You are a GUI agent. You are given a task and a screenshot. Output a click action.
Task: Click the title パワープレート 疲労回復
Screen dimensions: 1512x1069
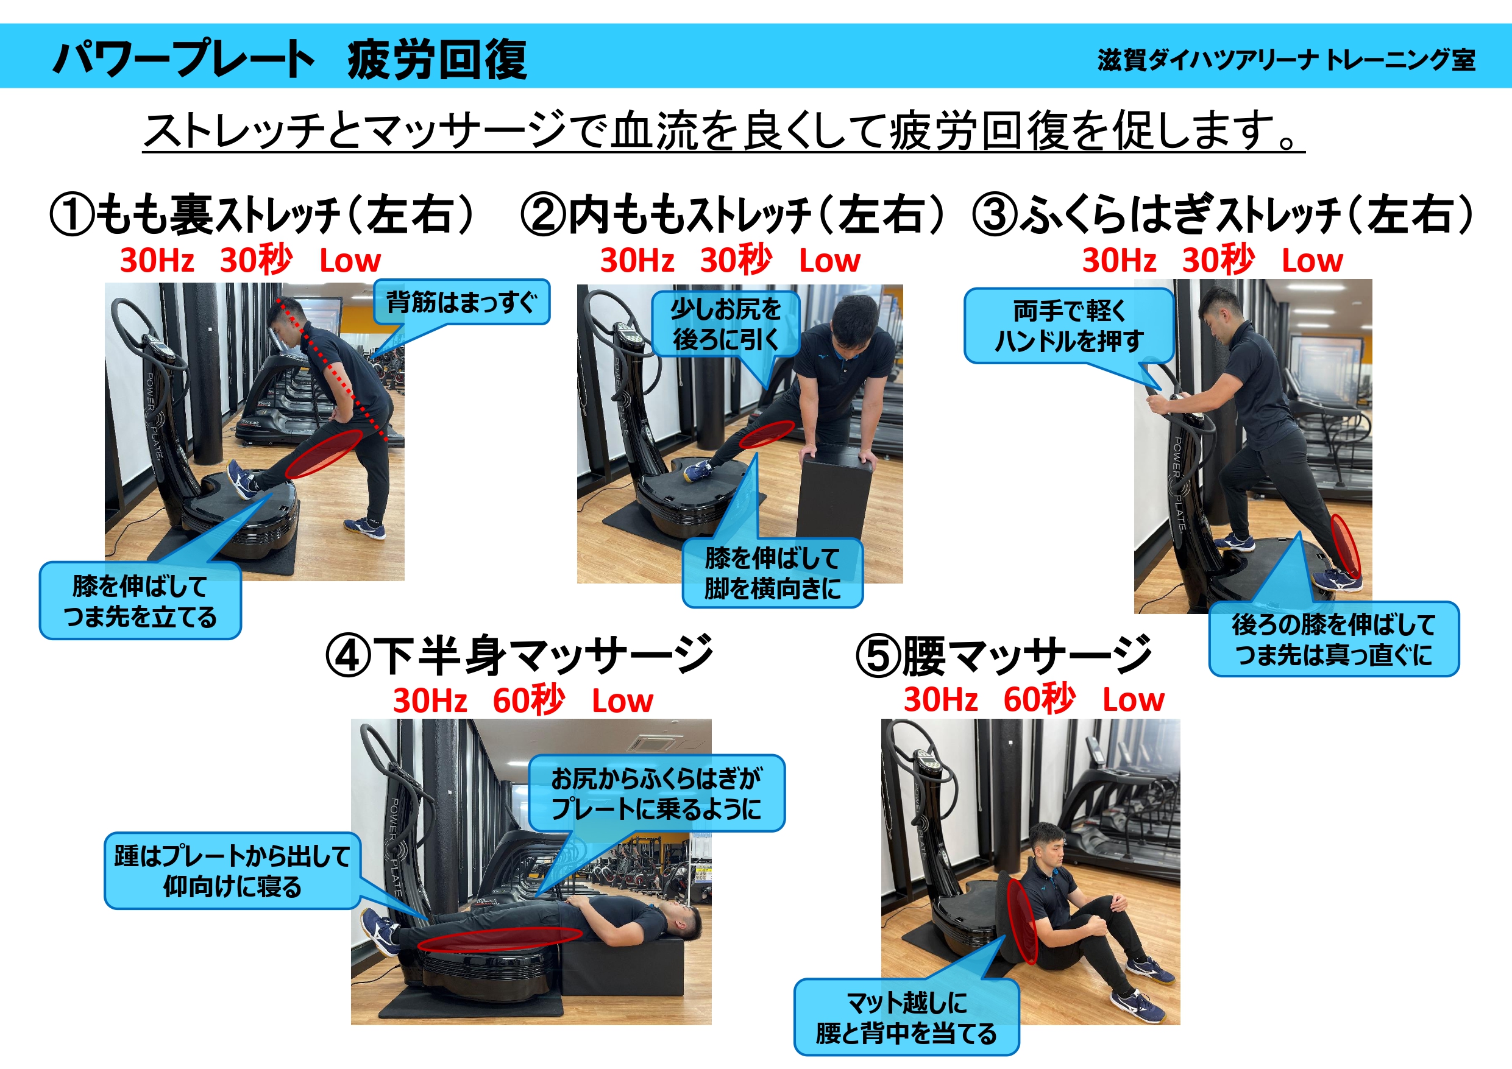[x=289, y=59]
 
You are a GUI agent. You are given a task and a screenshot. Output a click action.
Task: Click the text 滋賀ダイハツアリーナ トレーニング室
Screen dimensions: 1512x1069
[x=1286, y=60]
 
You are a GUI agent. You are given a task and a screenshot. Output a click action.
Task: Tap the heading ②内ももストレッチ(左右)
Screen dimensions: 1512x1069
[x=733, y=214]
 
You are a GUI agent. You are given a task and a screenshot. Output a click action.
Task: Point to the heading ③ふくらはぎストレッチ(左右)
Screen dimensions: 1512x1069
[x=1223, y=214]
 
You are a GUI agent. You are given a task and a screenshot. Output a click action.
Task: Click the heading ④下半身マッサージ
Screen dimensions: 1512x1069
[x=519, y=655]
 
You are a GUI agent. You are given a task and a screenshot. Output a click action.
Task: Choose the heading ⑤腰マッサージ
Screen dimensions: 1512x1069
[x=1004, y=655]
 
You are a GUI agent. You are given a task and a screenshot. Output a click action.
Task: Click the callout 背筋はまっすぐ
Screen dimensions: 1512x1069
[x=461, y=302]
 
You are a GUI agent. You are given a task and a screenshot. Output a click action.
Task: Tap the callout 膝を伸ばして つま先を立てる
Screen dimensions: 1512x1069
[x=140, y=601]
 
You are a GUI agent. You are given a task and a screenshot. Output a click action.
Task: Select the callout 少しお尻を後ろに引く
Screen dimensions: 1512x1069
[x=726, y=324]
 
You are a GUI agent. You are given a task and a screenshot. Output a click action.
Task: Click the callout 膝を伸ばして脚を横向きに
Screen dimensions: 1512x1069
[x=773, y=573]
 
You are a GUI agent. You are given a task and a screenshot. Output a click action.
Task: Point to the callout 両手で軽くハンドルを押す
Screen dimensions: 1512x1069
[x=1070, y=326]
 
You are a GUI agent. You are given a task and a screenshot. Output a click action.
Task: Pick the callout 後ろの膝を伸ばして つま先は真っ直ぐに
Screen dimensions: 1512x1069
[x=1334, y=639]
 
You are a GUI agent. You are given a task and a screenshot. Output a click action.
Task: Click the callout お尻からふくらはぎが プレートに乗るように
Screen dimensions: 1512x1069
[x=656, y=793]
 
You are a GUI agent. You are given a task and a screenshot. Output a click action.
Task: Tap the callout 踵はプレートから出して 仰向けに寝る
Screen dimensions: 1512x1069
[x=232, y=871]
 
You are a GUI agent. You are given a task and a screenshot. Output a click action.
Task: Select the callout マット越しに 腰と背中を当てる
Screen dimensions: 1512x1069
[x=906, y=1018]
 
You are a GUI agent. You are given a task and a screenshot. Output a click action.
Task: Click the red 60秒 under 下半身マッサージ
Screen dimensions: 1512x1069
[x=529, y=700]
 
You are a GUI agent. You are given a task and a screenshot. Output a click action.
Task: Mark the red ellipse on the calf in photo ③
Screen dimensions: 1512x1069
[x=1346, y=546]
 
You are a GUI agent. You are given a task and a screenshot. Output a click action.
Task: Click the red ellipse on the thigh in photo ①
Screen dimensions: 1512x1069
[x=324, y=454]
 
